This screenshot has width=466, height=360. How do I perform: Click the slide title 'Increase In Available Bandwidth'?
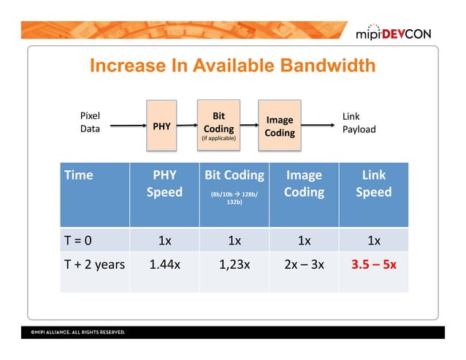click(232, 66)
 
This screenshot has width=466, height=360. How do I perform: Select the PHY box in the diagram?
click(161, 126)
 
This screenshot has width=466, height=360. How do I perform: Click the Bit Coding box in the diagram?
click(218, 126)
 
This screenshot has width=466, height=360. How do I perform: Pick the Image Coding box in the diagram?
click(279, 126)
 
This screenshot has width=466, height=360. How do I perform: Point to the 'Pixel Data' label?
click(90, 123)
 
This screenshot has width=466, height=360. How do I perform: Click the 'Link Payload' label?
click(359, 123)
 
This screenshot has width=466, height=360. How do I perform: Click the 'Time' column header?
click(79, 175)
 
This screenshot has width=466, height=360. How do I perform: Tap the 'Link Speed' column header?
click(373, 183)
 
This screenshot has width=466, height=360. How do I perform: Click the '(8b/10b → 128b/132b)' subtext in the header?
click(234, 199)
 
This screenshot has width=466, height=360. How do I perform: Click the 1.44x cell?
click(164, 264)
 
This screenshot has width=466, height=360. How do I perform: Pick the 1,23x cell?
click(234, 264)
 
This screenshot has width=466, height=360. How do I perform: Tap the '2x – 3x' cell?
click(303, 264)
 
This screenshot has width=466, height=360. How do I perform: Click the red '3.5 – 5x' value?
click(373, 264)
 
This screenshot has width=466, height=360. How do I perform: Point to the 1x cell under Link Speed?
click(373, 240)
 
